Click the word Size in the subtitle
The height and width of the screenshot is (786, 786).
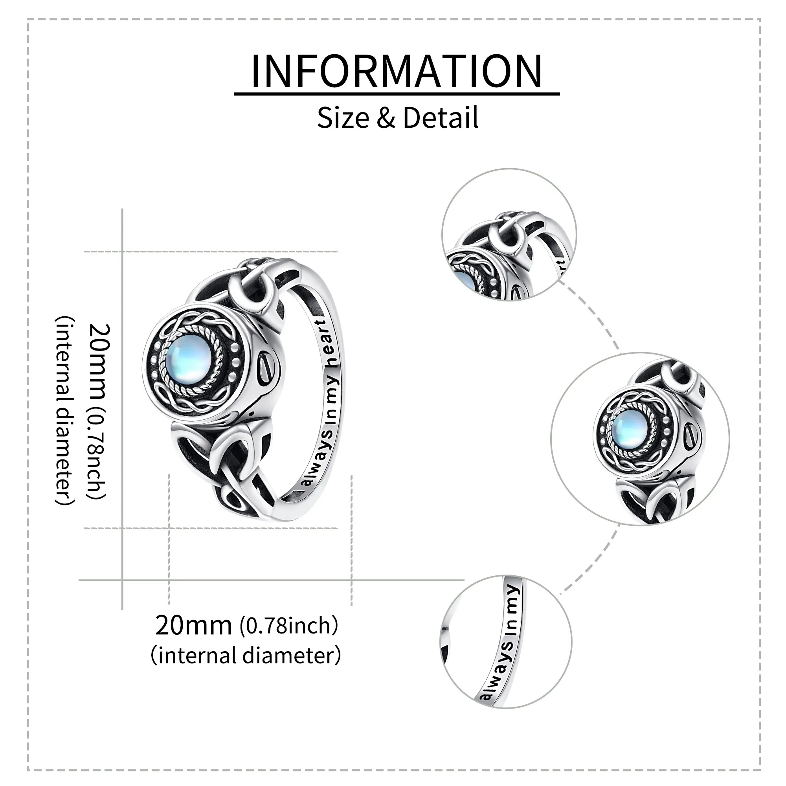tap(343, 118)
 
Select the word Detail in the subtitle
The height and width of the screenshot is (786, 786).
tap(441, 118)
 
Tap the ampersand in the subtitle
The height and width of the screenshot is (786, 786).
tap(386, 118)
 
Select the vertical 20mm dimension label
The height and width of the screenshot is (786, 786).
tap(97, 362)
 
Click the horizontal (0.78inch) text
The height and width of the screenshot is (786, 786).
tap(288, 626)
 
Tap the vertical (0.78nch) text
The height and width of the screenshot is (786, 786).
tap(96, 454)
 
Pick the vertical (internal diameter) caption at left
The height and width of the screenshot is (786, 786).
tap(65, 411)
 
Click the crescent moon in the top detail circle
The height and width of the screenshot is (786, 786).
tap(507, 240)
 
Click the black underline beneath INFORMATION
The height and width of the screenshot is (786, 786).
tap(397, 94)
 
